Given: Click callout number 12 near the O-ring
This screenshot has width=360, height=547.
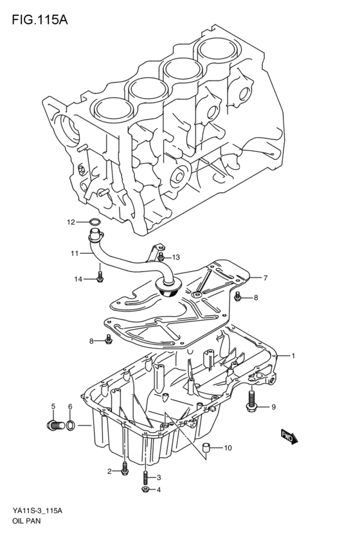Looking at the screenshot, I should click(71, 222).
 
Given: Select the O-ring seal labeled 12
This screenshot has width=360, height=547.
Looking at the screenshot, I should click(94, 223).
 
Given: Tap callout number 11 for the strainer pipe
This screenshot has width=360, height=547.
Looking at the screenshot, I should click(75, 253).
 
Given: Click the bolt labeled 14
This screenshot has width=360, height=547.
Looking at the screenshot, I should click(99, 278).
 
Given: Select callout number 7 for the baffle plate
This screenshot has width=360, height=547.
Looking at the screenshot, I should click(265, 278).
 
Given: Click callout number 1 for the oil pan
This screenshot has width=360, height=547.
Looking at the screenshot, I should click(293, 355).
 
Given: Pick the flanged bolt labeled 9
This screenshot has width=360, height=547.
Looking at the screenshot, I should click(251, 401).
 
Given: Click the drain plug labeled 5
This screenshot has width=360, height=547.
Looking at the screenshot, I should click(55, 425).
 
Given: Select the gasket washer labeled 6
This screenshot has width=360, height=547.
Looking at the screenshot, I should click(70, 425).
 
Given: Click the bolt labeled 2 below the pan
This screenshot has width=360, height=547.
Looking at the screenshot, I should click(125, 472).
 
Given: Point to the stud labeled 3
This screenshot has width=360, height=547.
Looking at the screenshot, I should click(146, 478).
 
